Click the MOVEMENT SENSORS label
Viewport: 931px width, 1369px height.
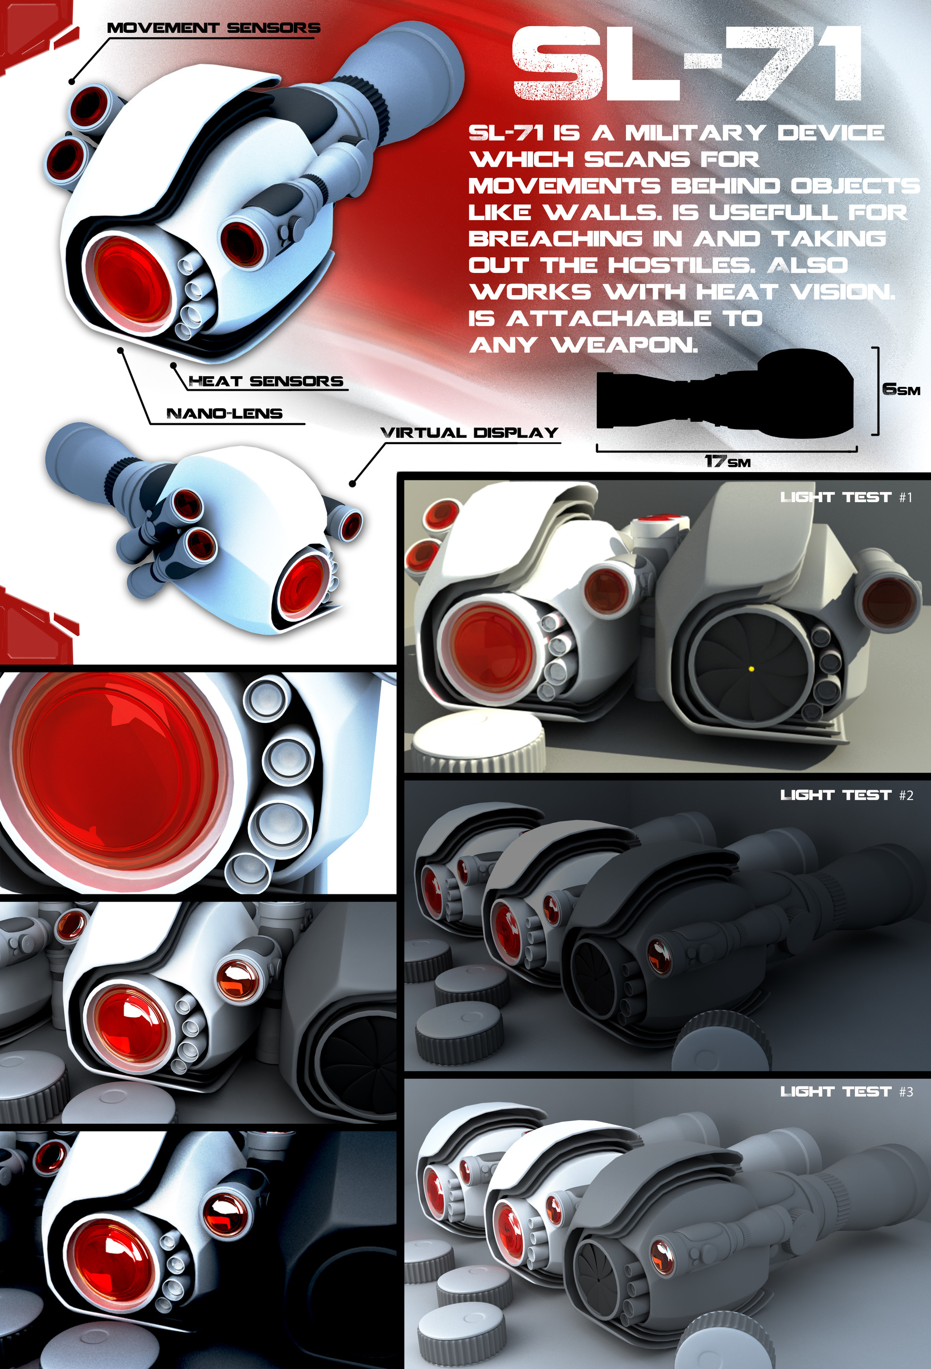[x=213, y=28]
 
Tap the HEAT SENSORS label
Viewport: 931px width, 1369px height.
[x=266, y=381]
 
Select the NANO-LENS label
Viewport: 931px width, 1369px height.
[x=224, y=413]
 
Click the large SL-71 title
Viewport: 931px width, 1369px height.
[x=687, y=65]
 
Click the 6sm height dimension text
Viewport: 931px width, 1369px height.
[x=900, y=389]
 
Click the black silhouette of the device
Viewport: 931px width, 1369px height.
[x=725, y=395]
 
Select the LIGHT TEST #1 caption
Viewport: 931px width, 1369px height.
[x=846, y=497]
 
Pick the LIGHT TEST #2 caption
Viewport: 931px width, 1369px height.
[x=846, y=795]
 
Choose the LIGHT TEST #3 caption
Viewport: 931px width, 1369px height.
[x=846, y=1092]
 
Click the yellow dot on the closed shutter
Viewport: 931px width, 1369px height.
[x=751, y=669]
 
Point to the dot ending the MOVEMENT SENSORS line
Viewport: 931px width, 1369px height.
[x=72, y=81]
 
